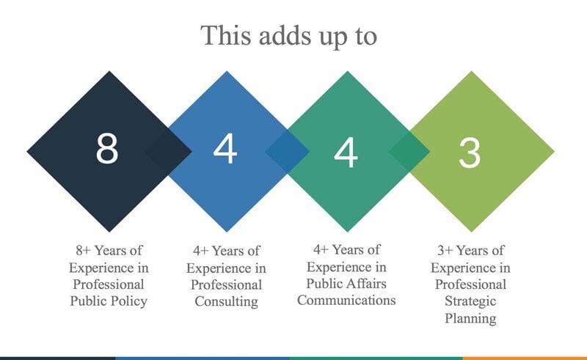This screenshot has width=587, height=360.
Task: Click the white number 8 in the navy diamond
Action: [x=107, y=149]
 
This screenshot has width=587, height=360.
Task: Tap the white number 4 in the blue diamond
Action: [x=225, y=149]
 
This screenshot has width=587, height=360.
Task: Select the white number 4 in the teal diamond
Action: [x=346, y=152]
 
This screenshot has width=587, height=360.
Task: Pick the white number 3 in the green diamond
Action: [x=470, y=153]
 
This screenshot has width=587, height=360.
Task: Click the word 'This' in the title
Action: [x=225, y=35]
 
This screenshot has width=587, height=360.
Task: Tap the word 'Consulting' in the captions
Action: [x=227, y=301]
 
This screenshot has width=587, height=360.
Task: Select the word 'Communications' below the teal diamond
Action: [x=346, y=300]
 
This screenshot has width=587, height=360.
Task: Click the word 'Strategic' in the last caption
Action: [x=470, y=301]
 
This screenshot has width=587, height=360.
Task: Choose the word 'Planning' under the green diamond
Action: [x=470, y=318]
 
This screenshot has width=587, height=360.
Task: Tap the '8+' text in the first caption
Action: [x=83, y=250]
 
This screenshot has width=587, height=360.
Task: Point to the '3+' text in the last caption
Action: [x=445, y=250]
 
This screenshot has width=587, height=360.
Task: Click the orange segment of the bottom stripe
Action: [x=525, y=359]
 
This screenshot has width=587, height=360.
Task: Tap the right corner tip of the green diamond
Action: [x=554, y=152]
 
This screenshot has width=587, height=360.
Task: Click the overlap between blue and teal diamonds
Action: [x=288, y=152]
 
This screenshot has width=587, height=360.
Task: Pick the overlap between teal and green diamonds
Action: [x=409, y=152]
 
